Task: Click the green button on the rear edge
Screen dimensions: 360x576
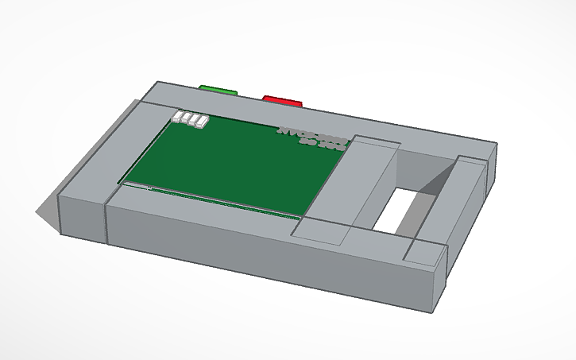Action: [x=219, y=91]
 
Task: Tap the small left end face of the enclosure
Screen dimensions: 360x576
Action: [x=83, y=215]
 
